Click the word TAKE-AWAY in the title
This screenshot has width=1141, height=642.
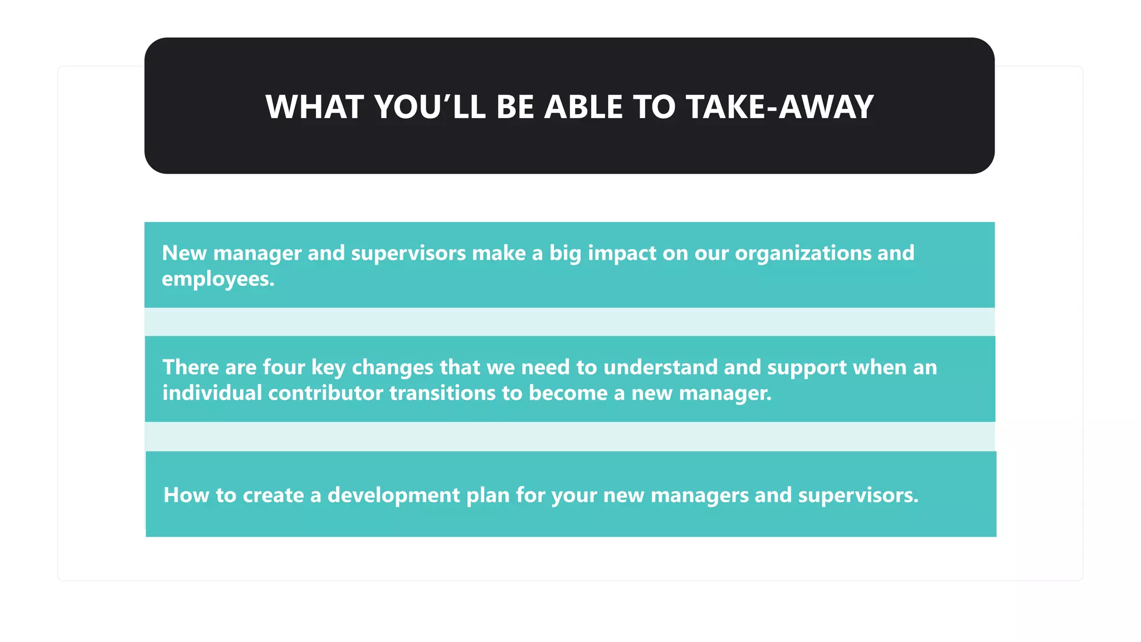(x=779, y=107)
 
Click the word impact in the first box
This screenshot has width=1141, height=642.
(x=622, y=254)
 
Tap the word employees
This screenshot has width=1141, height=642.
(x=218, y=279)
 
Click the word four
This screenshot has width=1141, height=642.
(x=284, y=367)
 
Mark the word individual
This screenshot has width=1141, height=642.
(x=212, y=393)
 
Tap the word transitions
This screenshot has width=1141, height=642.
(x=442, y=393)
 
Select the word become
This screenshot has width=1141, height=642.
(x=568, y=393)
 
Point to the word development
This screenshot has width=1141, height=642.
(x=393, y=495)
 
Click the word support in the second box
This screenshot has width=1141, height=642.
(x=807, y=368)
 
